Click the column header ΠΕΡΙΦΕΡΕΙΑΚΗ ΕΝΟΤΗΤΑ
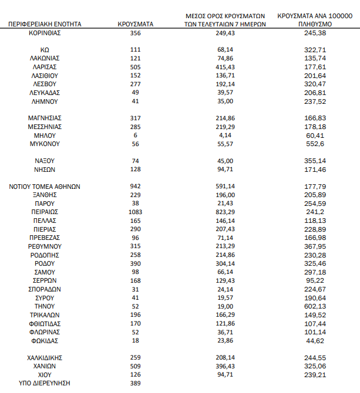(45, 25)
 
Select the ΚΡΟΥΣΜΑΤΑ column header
(136, 25)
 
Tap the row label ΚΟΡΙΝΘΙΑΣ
(45, 33)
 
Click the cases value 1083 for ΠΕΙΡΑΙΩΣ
(136, 211)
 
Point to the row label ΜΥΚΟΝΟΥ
(45, 144)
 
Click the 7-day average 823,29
(230, 211)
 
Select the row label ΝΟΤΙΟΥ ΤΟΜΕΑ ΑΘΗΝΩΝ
(45, 186)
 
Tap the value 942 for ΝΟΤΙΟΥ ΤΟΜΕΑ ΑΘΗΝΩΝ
(136, 186)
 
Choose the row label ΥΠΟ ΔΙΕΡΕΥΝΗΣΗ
(45, 382)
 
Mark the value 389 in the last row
(136, 382)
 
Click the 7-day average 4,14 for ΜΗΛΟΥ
(230, 135)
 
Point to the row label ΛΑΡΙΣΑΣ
(45, 67)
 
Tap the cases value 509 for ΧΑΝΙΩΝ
(136, 365)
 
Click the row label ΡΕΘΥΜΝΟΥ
(45, 246)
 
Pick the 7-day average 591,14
(230, 186)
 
